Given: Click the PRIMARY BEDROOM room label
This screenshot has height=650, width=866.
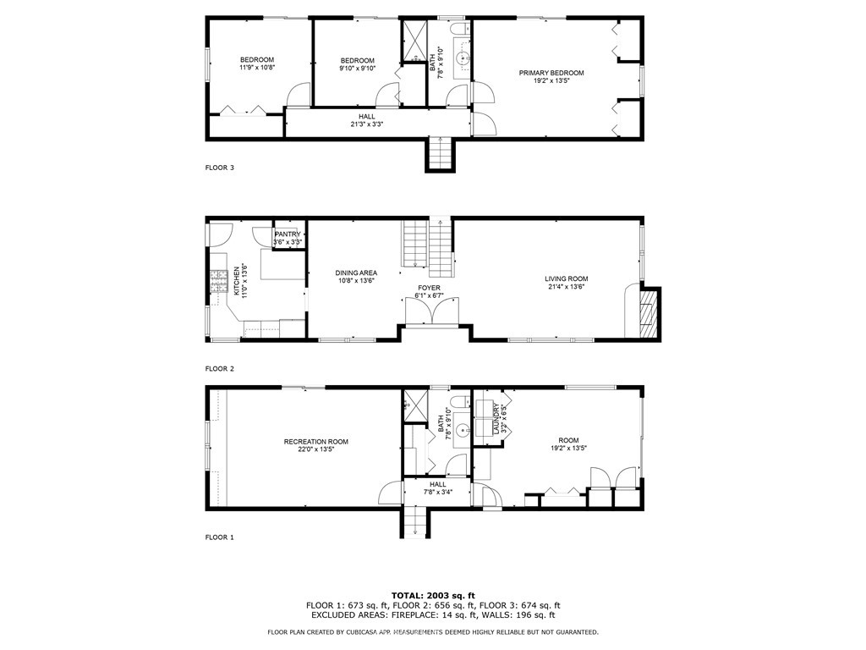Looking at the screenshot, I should pos(551,73).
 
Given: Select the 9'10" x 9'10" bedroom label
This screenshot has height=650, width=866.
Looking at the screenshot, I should pos(358,64).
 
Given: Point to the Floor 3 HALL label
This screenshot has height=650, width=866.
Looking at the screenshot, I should pos(366,117).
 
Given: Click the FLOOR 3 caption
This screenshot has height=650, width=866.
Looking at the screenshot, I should pos(219,168).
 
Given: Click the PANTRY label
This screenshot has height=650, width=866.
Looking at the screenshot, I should pos(288,234).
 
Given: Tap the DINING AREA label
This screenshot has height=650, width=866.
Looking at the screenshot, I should pos(355,273).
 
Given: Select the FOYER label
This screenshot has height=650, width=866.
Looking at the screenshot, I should pos(430,288).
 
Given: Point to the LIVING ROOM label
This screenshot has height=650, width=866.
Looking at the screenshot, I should pos(566,278).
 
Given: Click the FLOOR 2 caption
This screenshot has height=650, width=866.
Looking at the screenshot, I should pos(219,369).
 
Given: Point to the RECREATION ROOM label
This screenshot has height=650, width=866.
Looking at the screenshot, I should pos(315,442).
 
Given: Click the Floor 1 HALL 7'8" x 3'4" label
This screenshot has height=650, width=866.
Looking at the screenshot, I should pos(437,488).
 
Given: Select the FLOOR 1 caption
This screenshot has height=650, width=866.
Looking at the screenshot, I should pos(219,537).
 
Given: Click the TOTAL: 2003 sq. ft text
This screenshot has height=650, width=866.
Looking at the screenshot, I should pos(432,595).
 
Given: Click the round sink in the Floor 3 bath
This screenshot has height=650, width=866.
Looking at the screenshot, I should pos(462,59).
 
